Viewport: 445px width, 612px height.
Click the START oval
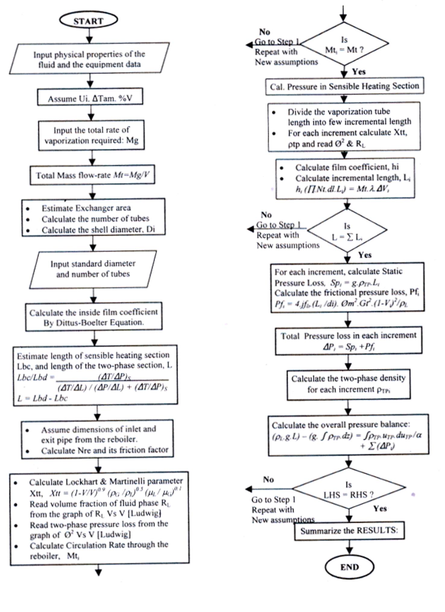point(88,21)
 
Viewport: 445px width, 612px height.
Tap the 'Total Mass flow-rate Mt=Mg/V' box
point(92,175)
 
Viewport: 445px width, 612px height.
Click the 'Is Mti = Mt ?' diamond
point(344,44)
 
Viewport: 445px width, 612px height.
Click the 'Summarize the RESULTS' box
point(349,531)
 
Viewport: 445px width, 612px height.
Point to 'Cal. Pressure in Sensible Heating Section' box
point(344,86)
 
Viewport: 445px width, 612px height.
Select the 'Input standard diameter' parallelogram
point(93,269)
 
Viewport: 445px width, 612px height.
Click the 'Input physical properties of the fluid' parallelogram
point(89,59)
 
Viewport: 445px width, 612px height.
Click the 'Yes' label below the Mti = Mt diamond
point(358,72)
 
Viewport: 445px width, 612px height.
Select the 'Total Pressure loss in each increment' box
point(348,340)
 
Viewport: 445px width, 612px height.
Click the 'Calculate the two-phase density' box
point(348,384)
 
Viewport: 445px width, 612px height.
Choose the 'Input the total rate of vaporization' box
point(91,135)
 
